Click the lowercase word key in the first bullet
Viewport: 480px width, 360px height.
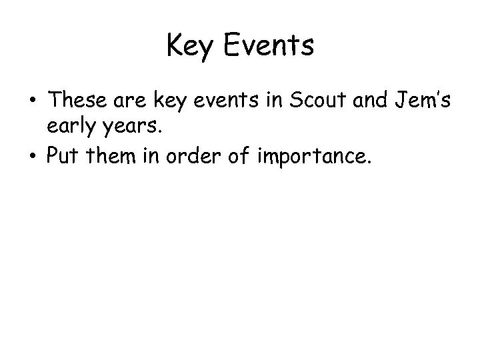[170, 101]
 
